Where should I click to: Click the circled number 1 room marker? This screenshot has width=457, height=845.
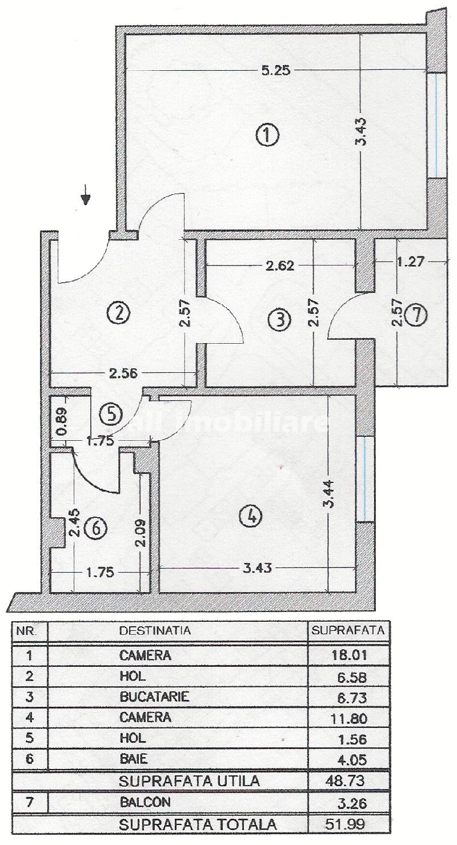pos(267,137)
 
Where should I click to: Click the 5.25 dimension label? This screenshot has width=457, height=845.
pos(276,71)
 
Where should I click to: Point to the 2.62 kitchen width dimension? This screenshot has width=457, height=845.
pos(280,265)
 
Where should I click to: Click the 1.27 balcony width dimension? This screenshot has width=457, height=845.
pos(411,261)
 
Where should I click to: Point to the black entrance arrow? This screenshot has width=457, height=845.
pos(86,195)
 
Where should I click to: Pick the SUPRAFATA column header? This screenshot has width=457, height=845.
pos(348,630)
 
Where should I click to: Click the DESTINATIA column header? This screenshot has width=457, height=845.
pos(155,630)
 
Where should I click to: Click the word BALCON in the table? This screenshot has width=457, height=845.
pos(145,802)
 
